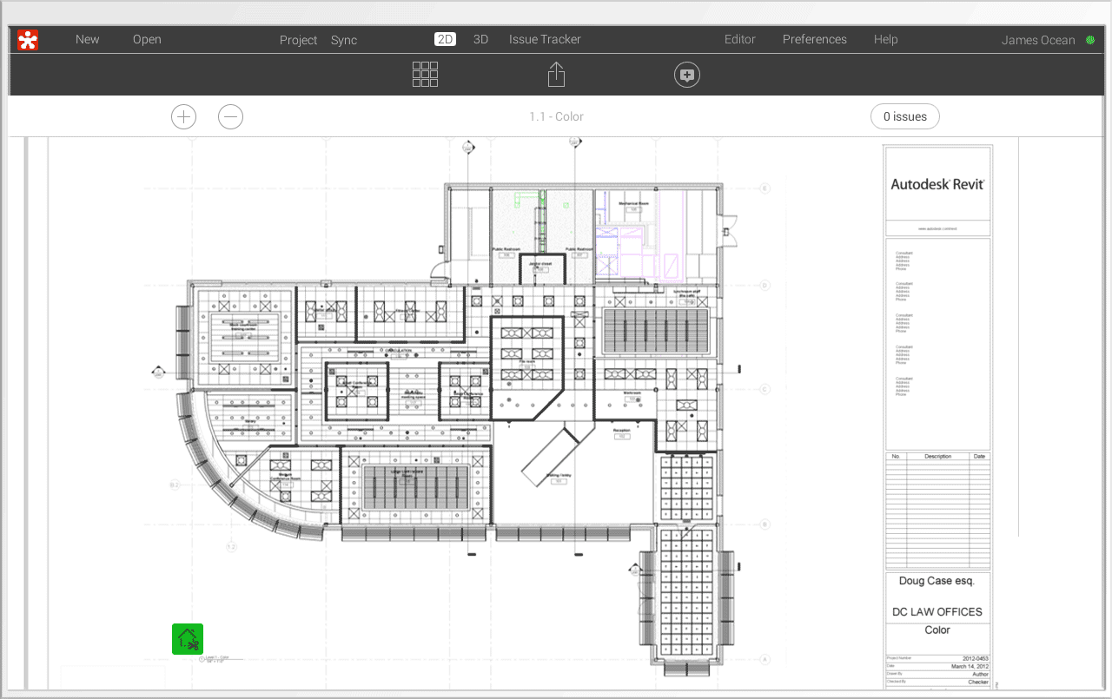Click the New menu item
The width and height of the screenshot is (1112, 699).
(x=87, y=39)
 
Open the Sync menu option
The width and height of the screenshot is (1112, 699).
(x=343, y=40)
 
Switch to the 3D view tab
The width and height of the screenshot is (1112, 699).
(x=480, y=39)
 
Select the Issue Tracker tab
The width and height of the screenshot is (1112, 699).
(x=545, y=39)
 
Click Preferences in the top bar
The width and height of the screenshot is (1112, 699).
(x=814, y=39)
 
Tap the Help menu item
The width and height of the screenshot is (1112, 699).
(x=885, y=39)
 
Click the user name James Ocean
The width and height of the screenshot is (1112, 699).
(x=1037, y=40)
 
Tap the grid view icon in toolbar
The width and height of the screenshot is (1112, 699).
(x=425, y=75)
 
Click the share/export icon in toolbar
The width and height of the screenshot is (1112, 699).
(x=556, y=75)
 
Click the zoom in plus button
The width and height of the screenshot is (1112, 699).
(x=183, y=116)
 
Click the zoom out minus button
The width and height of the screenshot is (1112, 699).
(x=230, y=116)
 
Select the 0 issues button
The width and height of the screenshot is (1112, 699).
(x=904, y=116)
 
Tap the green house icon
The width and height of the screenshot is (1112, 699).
(x=188, y=639)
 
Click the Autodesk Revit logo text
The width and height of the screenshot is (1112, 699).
(x=937, y=184)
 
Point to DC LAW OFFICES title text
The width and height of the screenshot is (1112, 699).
(x=937, y=611)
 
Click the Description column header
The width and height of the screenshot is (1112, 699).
(x=937, y=456)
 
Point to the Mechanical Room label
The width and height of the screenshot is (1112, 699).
(x=634, y=203)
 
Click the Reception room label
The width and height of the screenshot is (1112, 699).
(x=621, y=430)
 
